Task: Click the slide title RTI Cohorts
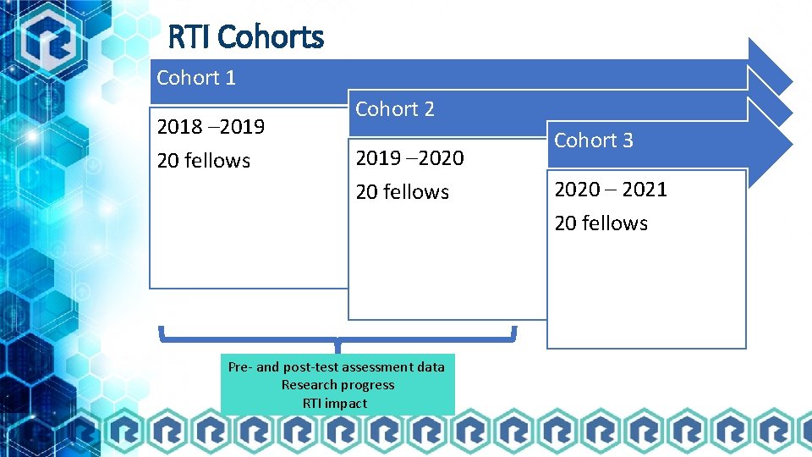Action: click(x=245, y=37)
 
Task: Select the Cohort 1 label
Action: click(x=196, y=78)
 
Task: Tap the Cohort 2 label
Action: click(x=395, y=109)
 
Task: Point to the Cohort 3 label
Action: click(x=593, y=140)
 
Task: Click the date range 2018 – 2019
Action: click(x=211, y=127)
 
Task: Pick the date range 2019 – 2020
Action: click(x=410, y=158)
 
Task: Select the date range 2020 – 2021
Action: click(x=610, y=190)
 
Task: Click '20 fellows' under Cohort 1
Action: click(x=204, y=161)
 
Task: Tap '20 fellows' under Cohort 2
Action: click(x=403, y=192)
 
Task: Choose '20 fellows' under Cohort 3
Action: click(x=601, y=223)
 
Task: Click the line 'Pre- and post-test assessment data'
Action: click(x=337, y=366)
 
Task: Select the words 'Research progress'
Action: click(x=337, y=385)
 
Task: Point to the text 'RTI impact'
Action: click(x=335, y=404)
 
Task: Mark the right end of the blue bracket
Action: click(x=513, y=333)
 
